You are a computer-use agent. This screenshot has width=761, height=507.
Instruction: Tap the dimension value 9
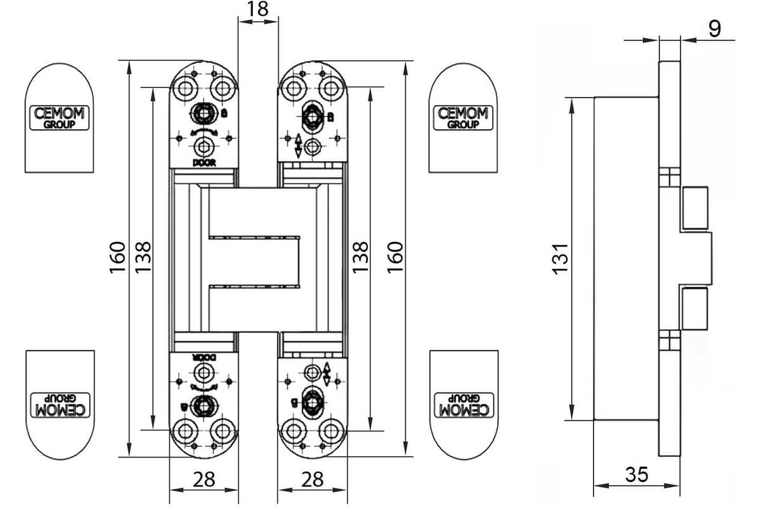tap(714, 29)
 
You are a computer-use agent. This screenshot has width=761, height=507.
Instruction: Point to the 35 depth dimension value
tap(637, 474)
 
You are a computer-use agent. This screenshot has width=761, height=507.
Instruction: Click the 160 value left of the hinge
tap(116, 257)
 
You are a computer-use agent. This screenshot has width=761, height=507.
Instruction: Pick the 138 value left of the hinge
tap(142, 257)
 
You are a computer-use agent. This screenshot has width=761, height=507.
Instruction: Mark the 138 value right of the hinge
tap(360, 257)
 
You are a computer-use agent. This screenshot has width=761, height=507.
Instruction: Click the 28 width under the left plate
tap(204, 479)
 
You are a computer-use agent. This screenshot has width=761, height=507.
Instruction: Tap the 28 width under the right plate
tap(313, 479)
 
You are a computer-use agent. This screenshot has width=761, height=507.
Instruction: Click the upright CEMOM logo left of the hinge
tap(60, 118)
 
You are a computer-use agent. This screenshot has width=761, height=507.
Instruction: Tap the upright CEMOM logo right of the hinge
tap(464, 118)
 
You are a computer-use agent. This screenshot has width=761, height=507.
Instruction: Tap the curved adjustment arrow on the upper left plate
tap(204, 132)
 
